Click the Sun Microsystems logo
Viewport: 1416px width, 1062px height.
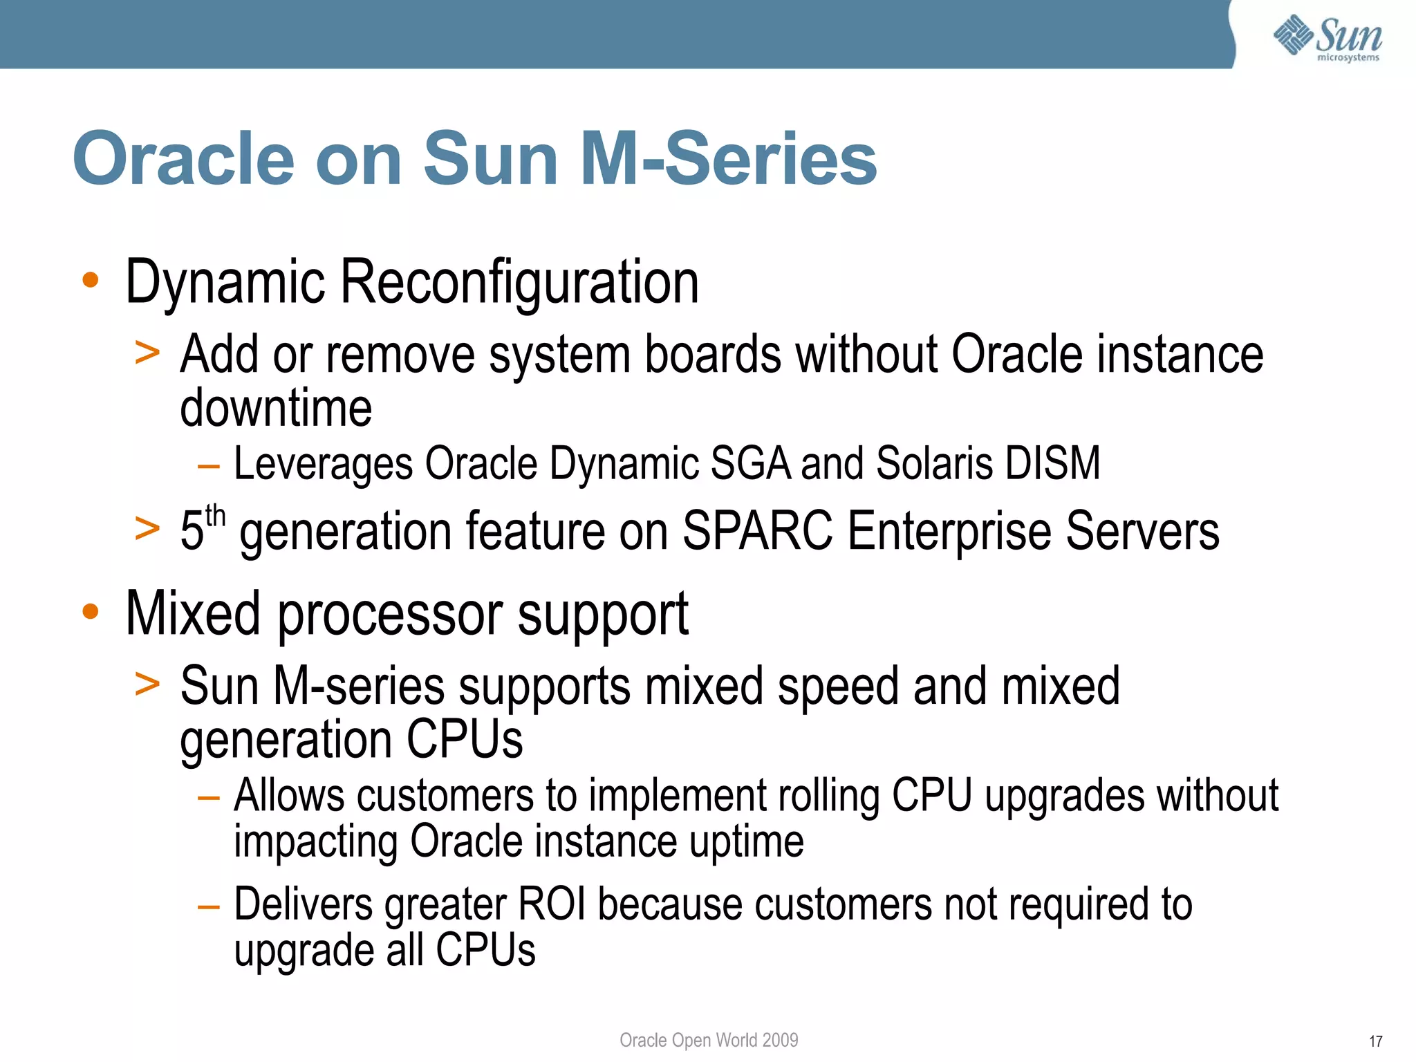pos(1327,38)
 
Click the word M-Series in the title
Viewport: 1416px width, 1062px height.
pos(728,160)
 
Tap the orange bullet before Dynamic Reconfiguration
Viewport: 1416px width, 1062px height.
pos(91,280)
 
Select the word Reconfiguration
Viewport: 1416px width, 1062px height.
pos(519,283)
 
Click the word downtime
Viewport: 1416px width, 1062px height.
pos(276,408)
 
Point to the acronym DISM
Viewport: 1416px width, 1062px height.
pos(1052,463)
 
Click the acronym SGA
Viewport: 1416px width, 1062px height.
pos(749,463)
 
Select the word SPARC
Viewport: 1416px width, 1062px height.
pos(757,531)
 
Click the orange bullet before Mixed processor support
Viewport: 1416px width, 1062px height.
pos(91,611)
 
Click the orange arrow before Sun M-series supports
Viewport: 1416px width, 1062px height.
pos(147,684)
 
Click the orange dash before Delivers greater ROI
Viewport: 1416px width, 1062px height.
pos(208,906)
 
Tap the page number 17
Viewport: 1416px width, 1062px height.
pos(1375,1041)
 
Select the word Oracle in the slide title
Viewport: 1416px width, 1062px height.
pos(184,160)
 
